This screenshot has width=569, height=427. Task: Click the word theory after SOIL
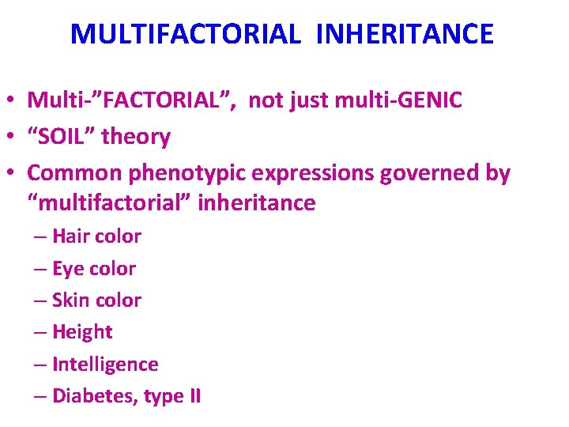tap(136, 137)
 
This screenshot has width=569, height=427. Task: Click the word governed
tap(430, 172)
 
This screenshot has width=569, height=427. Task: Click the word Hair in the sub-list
tap(70, 236)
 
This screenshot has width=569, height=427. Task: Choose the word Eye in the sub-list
tap(68, 269)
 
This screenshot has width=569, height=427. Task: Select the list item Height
tap(82, 332)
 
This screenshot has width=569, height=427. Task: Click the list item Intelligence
tap(105, 365)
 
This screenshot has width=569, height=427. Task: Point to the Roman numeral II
tap(193, 396)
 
